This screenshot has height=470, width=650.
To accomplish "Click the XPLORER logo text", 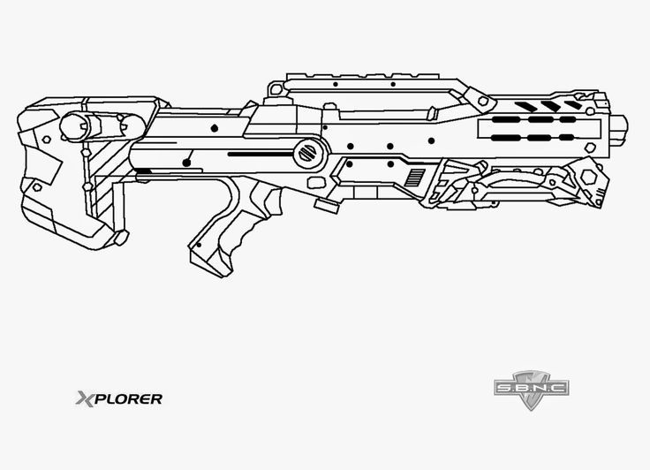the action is (x=117, y=398).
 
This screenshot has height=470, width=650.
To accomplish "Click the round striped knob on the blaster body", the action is (x=308, y=152).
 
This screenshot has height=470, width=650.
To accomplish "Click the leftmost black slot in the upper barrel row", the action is (x=506, y=120).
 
